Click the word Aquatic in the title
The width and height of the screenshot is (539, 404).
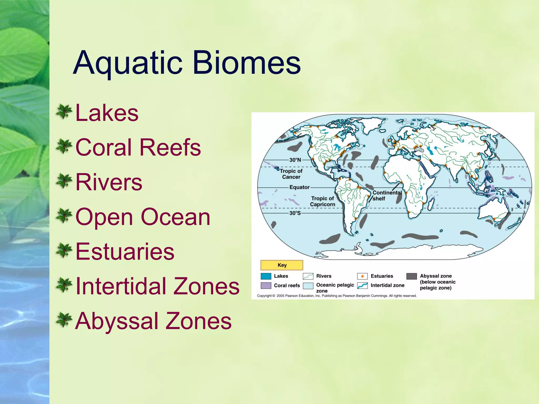click(128, 63)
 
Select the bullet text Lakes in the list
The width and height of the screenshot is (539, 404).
click(107, 113)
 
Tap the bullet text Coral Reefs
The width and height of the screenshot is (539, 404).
click(138, 147)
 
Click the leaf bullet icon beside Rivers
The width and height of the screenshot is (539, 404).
click(64, 181)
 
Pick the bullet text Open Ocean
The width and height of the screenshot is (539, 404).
click(143, 217)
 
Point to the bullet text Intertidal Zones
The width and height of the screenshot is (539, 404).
click(157, 286)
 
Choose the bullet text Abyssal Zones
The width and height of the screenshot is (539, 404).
click(153, 321)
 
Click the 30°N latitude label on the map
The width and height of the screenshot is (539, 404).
click(295, 160)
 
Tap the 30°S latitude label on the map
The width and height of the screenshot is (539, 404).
click(295, 213)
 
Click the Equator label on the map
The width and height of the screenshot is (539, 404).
click(300, 187)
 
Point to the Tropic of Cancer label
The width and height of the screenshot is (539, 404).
click(291, 174)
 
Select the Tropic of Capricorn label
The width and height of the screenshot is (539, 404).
click(322, 201)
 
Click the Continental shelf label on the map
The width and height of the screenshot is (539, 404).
click(387, 195)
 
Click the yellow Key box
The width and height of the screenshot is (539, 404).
click(282, 265)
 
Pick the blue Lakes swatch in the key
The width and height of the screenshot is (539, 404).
click(266, 276)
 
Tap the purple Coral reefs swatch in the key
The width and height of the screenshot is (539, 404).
click(266, 286)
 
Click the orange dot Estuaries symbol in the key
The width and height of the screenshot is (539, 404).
click(362, 276)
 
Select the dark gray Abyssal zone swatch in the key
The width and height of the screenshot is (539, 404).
click(412, 276)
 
